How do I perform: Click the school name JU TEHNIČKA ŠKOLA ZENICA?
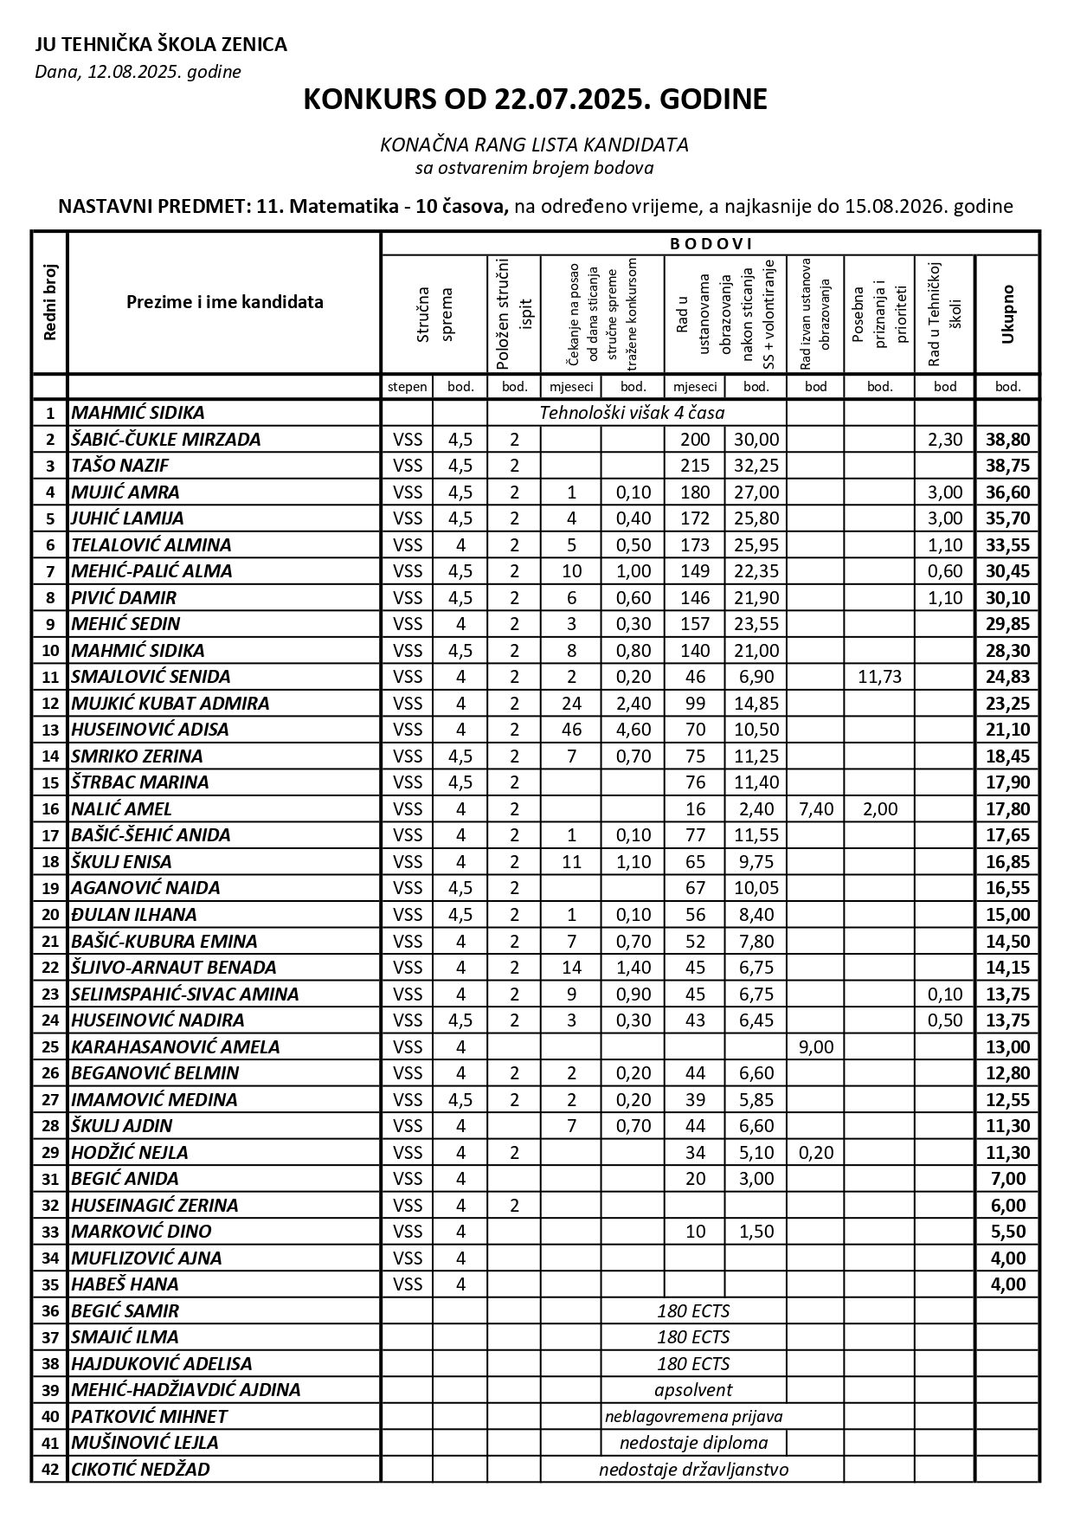coord(161,45)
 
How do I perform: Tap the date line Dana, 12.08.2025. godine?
coord(138,72)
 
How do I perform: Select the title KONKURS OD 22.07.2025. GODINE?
coord(535,100)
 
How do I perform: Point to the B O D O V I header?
coord(711,244)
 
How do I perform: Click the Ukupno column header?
coord(1007,313)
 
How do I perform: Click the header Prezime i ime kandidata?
coord(225,302)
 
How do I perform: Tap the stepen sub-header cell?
coord(408,387)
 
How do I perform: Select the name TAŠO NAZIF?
coord(120,466)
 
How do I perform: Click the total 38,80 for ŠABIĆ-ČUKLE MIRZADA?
coord(1007,440)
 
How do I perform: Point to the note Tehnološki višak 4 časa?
coord(632,413)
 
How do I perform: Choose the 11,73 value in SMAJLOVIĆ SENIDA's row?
coord(879,677)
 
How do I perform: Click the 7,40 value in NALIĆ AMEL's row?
coord(815,809)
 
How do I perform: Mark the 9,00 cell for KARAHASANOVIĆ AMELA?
coord(815,1047)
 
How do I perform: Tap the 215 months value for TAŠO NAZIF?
coord(695,466)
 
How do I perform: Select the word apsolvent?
coord(693,1390)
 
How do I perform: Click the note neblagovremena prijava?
coord(693,1417)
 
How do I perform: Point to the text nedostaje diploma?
coord(693,1443)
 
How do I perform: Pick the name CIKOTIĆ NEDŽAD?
coord(140,1470)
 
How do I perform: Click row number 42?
coord(49,1470)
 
